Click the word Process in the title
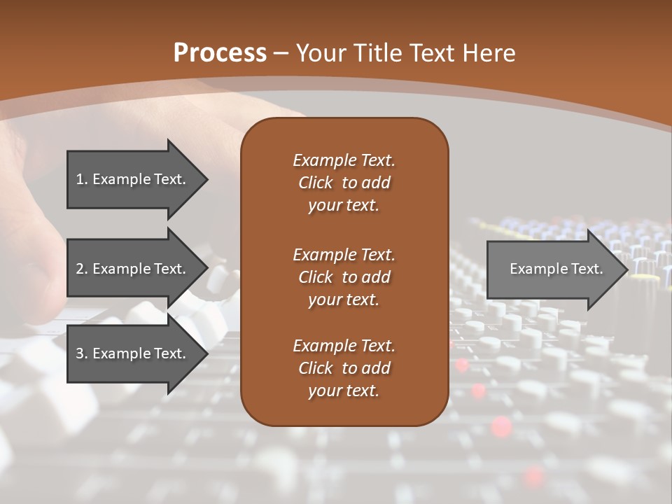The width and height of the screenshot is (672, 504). click(220, 53)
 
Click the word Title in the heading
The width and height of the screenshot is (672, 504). click(374, 53)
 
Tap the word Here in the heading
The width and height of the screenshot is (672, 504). click(488, 53)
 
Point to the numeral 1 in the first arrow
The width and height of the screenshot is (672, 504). click(79, 179)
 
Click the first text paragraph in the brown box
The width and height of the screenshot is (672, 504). click(344, 183)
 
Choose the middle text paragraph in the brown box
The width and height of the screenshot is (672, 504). click(344, 276)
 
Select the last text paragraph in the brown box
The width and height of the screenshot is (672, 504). click(344, 368)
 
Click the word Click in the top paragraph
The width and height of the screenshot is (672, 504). click(316, 183)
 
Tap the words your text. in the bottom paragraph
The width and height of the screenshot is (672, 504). click(344, 391)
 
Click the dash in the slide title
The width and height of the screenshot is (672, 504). click(281, 53)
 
